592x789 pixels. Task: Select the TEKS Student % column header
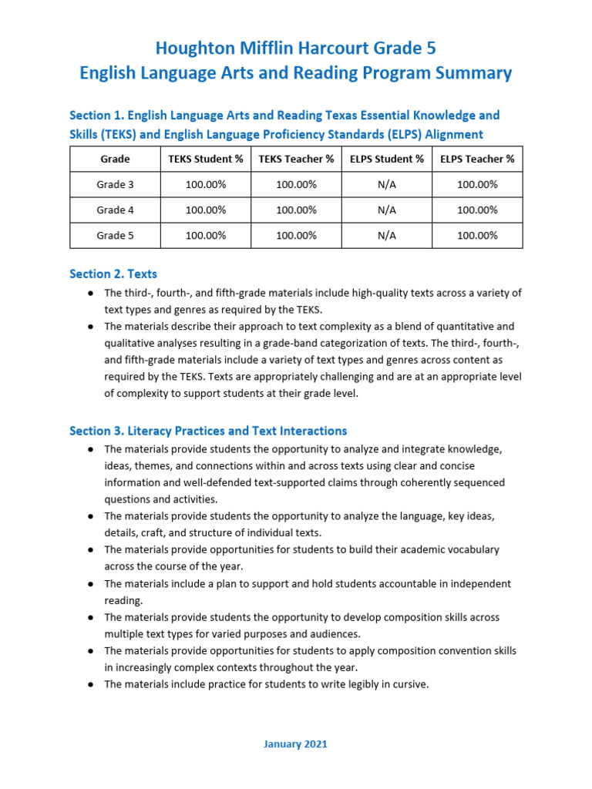tap(206, 159)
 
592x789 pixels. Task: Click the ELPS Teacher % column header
tap(477, 159)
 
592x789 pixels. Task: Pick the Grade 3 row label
tap(115, 184)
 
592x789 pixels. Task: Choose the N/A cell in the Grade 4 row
tap(387, 210)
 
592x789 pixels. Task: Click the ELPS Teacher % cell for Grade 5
tap(477, 236)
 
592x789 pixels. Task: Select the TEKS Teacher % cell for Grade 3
tap(296, 184)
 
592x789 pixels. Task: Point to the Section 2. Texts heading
tap(113, 274)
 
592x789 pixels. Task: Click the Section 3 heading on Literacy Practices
tap(208, 431)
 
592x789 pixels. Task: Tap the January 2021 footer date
tap(296, 744)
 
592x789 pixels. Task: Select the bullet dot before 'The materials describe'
tap(91, 327)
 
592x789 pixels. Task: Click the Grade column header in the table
tap(115, 159)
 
